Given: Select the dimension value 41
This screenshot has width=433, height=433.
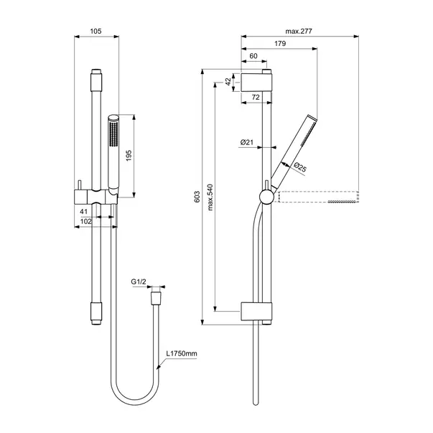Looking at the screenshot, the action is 83,212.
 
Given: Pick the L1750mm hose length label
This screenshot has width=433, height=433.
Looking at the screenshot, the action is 181,354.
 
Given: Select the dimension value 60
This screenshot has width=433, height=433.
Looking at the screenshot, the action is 253,56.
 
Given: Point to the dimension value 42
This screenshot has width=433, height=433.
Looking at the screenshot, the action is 229,82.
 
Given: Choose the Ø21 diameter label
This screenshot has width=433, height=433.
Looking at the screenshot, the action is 247,142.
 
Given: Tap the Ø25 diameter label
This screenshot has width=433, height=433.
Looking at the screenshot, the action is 300,168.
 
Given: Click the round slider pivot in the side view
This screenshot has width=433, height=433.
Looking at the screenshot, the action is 266,196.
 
